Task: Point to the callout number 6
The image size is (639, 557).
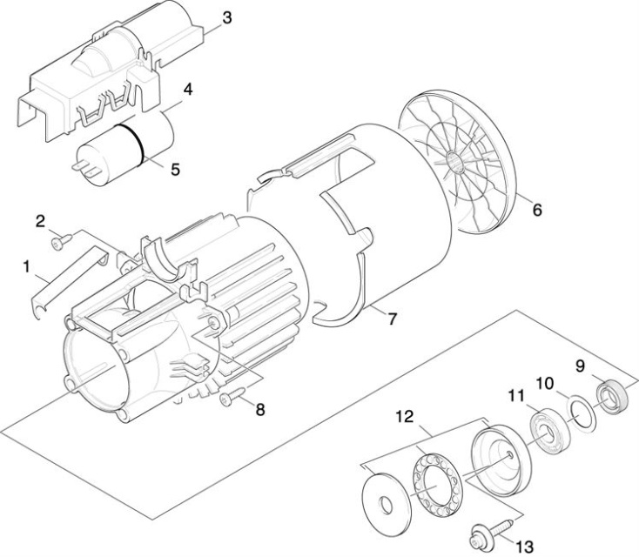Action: (536, 210)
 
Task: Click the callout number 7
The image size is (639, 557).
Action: (392, 319)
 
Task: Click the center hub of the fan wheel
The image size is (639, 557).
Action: (456, 158)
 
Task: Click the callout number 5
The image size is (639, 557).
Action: (175, 170)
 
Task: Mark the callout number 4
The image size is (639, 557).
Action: (186, 89)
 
